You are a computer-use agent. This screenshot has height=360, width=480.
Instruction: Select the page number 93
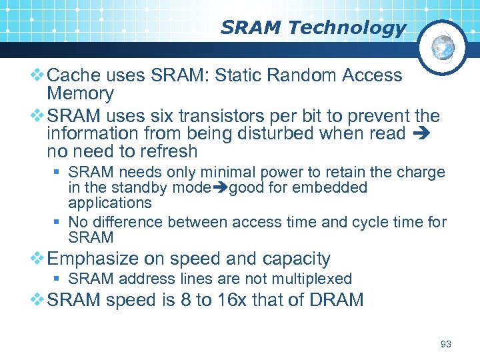coord(446,344)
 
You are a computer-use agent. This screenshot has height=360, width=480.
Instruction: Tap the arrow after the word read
coord(424,134)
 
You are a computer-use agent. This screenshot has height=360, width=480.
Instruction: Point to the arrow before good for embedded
coord(219,188)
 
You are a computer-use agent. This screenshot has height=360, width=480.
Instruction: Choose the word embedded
coord(333,187)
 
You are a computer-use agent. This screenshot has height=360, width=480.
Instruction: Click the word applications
coord(110,203)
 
